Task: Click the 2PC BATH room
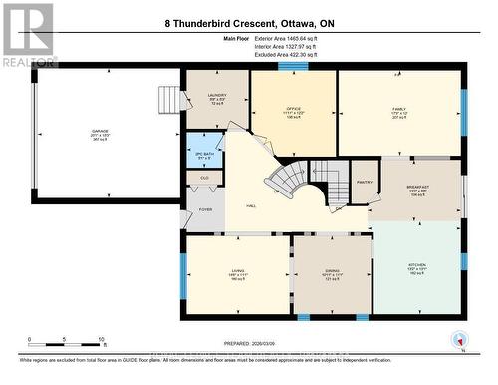coord(203,157)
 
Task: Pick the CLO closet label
coord(204,178)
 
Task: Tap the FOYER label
coord(206,209)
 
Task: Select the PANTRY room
coord(365,182)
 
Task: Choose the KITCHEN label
coord(416,268)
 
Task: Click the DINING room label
coord(331,272)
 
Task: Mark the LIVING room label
coord(237,272)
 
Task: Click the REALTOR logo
coord(28,34)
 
